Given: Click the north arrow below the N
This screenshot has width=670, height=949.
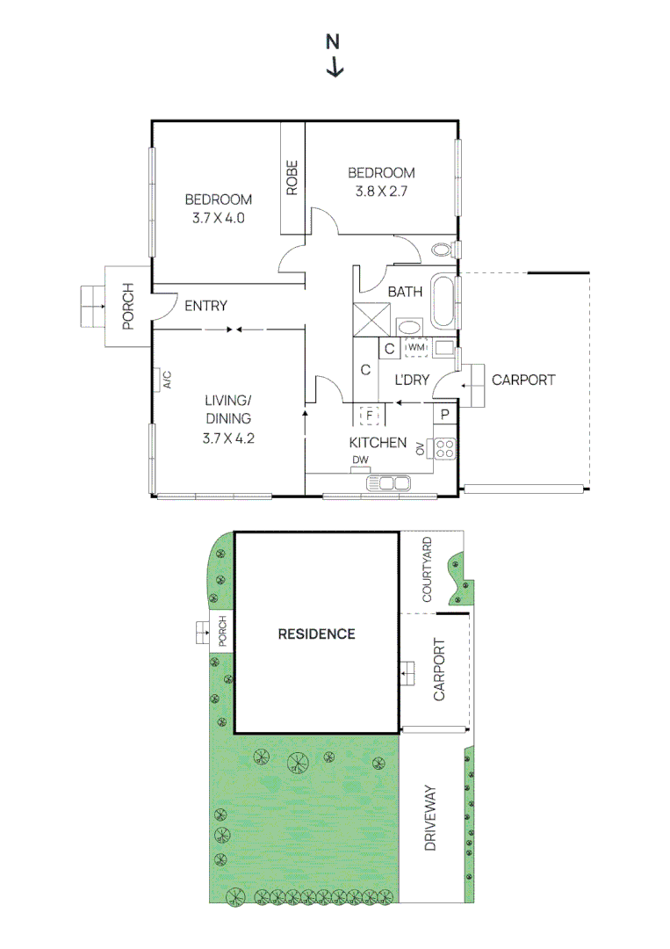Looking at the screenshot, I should [335, 68].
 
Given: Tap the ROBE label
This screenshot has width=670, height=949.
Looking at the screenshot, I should [292, 177].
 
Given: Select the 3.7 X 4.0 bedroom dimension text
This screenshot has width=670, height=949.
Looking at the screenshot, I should [218, 217].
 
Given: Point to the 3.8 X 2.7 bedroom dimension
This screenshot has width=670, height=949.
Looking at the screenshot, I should [381, 190].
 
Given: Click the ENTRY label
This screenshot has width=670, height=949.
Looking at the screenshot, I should [205, 306].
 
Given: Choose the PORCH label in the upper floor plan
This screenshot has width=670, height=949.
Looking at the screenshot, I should [127, 306].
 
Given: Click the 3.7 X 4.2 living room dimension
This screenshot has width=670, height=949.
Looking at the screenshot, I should [228, 437].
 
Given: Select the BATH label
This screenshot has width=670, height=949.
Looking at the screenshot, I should [405, 291].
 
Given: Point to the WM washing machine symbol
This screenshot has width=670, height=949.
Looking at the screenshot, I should [415, 348].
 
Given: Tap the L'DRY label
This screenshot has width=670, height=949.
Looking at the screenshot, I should [410, 380].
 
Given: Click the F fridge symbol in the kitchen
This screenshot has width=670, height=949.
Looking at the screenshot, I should [370, 414].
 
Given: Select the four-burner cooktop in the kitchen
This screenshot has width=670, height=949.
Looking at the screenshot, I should [445, 448].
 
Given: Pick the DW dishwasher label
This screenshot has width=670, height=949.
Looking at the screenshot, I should [360, 460].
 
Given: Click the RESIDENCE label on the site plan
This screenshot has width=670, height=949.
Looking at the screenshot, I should [316, 634].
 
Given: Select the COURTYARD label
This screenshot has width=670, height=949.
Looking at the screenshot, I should [427, 569].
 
